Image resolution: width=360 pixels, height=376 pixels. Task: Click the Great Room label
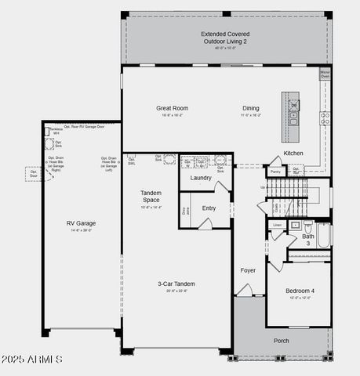point(173,108)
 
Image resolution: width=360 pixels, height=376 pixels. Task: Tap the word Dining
point(250,108)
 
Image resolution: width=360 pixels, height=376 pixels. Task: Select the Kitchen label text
point(293,153)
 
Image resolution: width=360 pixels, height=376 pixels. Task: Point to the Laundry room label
point(201,178)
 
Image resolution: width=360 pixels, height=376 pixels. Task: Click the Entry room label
point(209,208)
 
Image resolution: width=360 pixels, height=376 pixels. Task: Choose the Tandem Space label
point(151,196)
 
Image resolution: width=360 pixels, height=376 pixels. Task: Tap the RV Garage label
point(81,223)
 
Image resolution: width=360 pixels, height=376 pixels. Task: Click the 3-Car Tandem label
point(176,284)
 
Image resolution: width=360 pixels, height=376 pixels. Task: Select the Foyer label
point(248,270)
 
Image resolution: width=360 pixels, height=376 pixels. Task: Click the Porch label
point(281,341)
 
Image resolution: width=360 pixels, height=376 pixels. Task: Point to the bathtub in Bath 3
point(323,235)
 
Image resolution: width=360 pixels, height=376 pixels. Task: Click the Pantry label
point(275,171)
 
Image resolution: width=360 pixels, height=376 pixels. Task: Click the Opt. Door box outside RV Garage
point(35,172)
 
